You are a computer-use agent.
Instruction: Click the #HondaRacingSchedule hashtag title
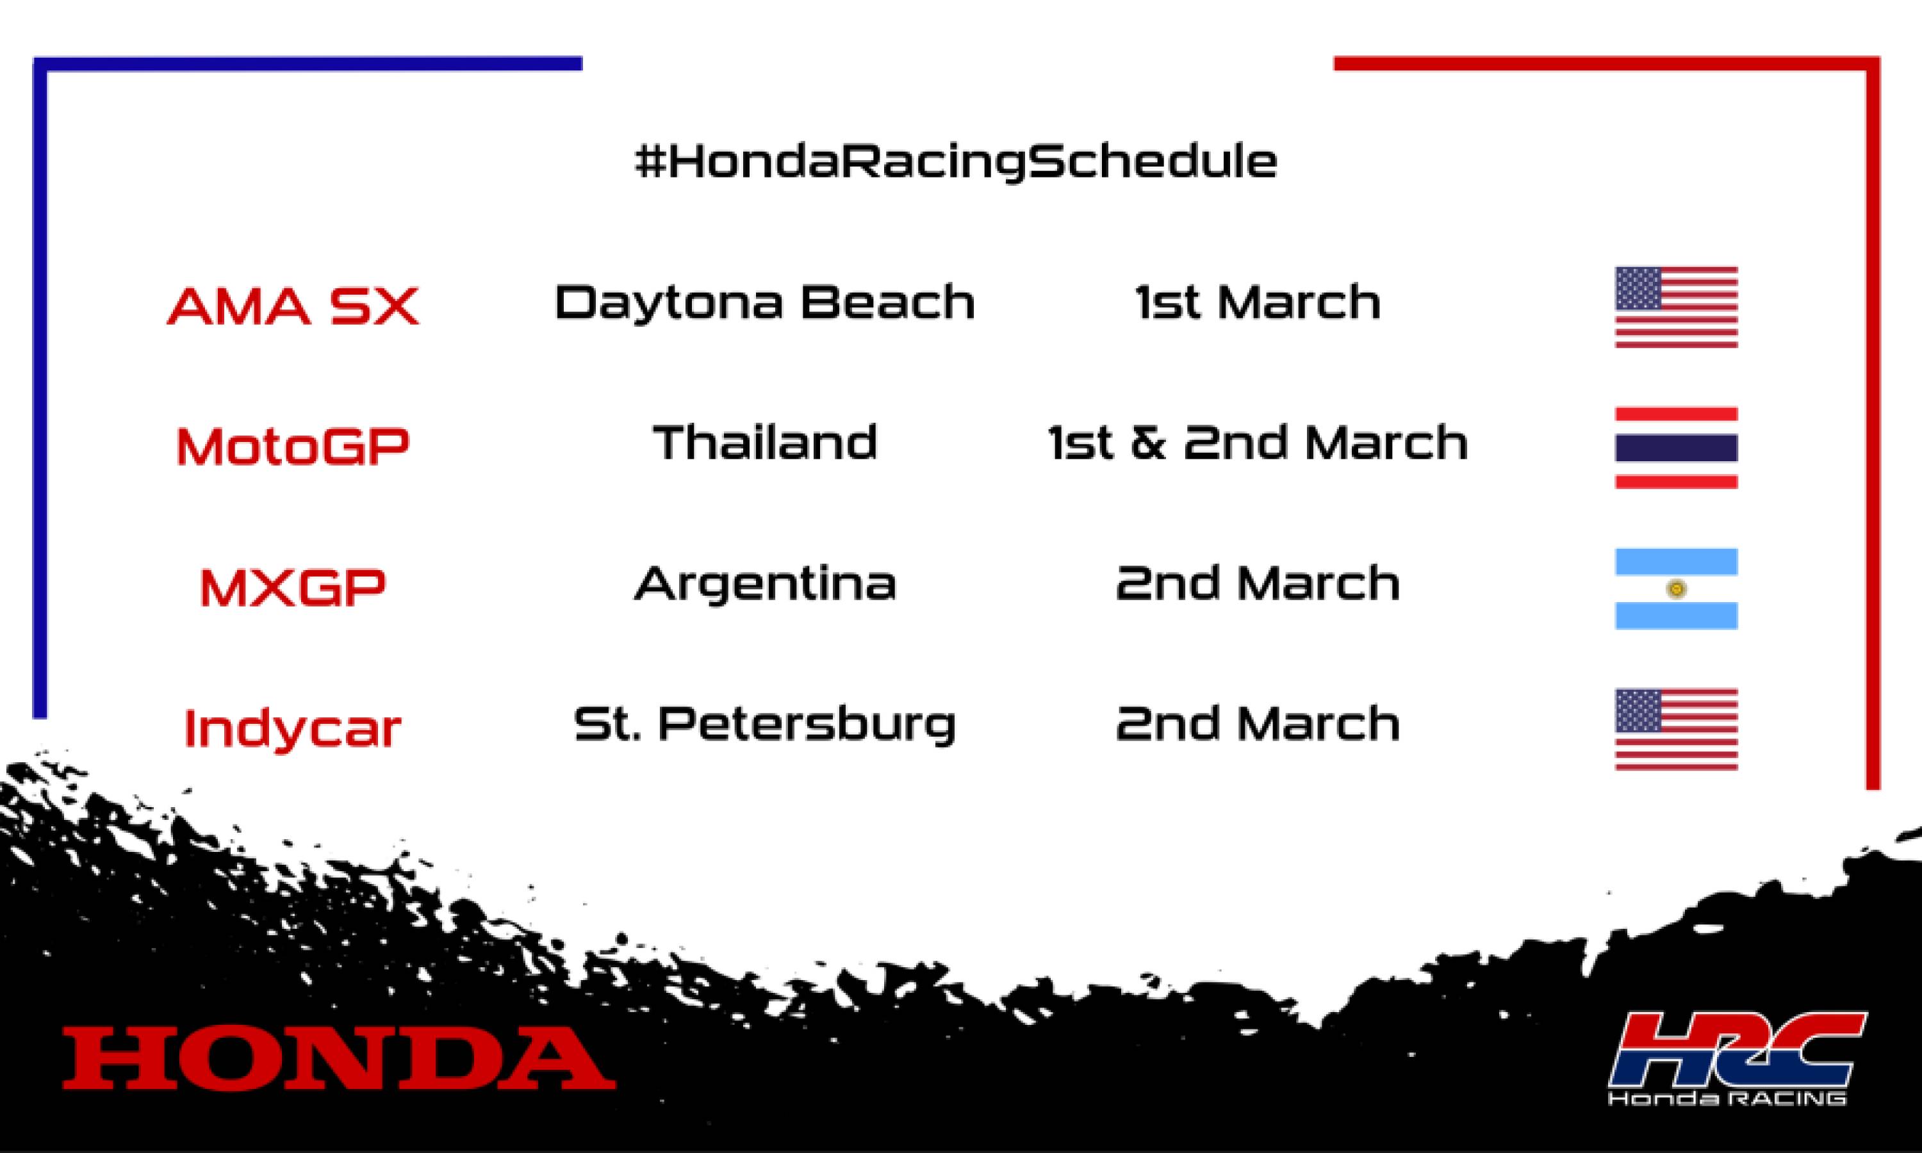point(956,161)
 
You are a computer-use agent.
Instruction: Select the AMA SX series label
point(293,306)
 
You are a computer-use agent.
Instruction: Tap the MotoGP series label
point(293,446)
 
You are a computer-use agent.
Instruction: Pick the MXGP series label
point(293,587)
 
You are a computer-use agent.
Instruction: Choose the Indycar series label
point(293,728)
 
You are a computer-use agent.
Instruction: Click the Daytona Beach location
point(764,302)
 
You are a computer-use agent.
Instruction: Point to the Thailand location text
point(764,443)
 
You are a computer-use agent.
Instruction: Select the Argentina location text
point(764,584)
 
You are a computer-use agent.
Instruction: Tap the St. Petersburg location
point(764,724)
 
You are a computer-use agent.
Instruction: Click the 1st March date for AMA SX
point(1258,302)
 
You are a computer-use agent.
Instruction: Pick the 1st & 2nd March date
point(1258,443)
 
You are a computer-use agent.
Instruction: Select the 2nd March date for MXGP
point(1258,584)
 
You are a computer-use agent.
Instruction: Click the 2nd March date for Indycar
point(1258,724)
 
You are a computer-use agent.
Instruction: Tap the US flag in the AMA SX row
point(1676,307)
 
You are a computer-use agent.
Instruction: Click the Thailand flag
point(1676,448)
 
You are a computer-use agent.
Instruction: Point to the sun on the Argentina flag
point(1677,589)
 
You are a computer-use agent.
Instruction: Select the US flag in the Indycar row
point(1676,730)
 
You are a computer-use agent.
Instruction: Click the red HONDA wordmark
point(339,1058)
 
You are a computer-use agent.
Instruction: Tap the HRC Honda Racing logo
point(1737,1058)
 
